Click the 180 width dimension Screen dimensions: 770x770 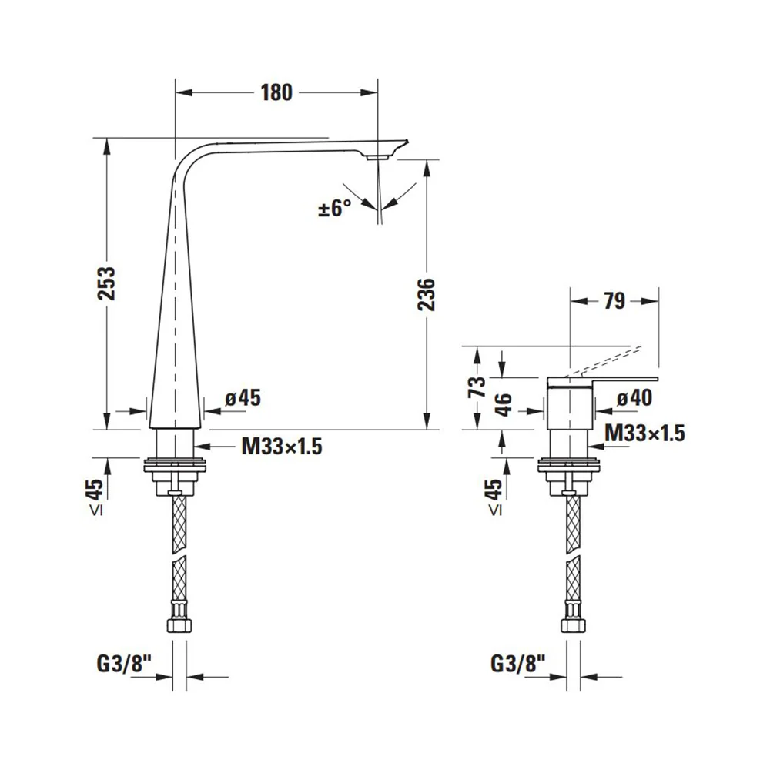tap(276, 92)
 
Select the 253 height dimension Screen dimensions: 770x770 tap(106, 283)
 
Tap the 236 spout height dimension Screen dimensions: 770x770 tap(427, 294)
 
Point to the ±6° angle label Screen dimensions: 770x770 tap(335, 208)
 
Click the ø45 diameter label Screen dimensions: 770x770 tap(243, 398)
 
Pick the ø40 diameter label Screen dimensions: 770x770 tap(634, 398)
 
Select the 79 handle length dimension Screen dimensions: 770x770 tap(614, 300)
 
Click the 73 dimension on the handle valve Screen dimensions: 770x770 tap(477, 387)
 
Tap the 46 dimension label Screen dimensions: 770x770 tap(504, 405)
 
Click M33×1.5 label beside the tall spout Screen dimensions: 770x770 tap(282, 447)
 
